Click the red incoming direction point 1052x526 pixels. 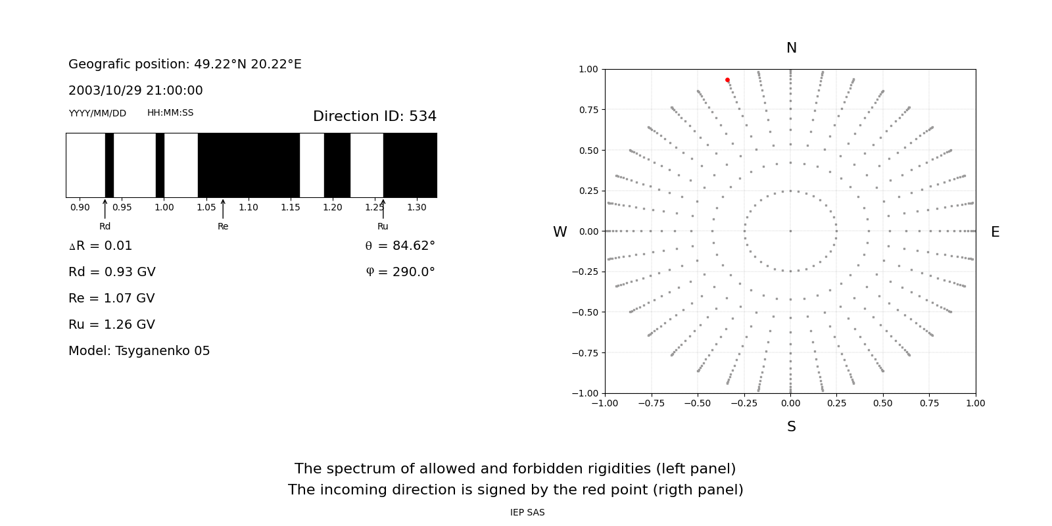(x=727, y=80)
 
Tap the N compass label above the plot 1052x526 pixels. (x=791, y=48)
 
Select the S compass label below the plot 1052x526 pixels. (x=791, y=427)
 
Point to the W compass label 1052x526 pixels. (x=560, y=232)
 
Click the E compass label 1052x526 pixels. (x=995, y=232)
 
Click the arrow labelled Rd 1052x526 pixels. (x=105, y=209)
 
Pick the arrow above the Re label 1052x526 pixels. (x=223, y=209)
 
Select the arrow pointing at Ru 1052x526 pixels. (x=383, y=209)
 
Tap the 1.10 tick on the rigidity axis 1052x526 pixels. (x=249, y=207)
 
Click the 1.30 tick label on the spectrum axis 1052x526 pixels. (x=416, y=207)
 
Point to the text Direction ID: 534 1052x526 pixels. (x=374, y=116)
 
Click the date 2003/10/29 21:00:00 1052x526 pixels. (x=135, y=91)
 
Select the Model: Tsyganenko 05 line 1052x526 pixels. (x=139, y=351)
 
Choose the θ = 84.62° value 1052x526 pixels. (x=400, y=246)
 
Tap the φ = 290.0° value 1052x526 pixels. (x=400, y=272)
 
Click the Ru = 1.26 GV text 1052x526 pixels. (x=112, y=325)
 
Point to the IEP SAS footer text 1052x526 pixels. (x=527, y=512)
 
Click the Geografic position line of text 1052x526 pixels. (x=185, y=64)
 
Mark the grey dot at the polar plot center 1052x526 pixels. (x=790, y=231)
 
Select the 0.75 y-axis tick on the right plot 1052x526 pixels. (x=588, y=110)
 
